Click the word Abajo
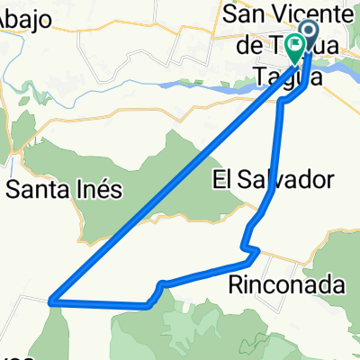pos(22,24)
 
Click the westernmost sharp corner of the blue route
pos(52,301)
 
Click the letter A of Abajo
pos(4,24)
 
